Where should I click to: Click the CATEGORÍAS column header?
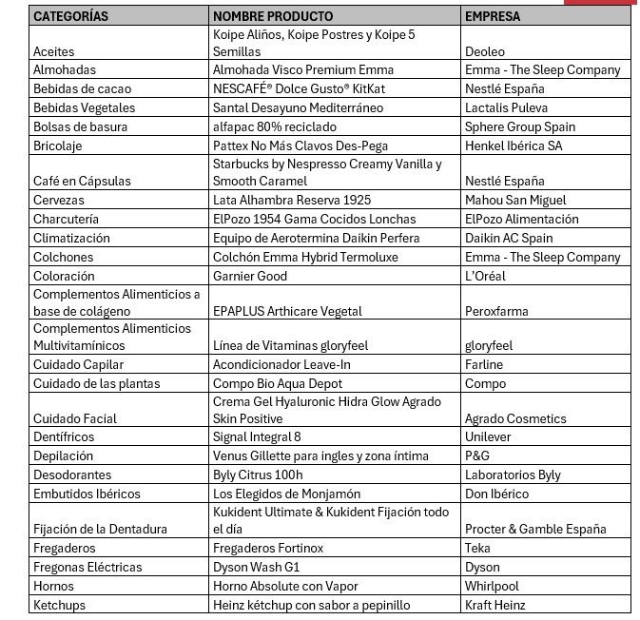click(71, 16)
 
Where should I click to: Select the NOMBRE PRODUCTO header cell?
click(273, 16)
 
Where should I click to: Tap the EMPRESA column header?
click(493, 16)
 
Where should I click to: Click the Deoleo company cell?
click(485, 51)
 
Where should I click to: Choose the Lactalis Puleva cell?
click(506, 107)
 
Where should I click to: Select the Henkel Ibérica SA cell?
click(514, 145)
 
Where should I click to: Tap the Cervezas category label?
click(59, 200)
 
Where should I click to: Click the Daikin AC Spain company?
click(509, 238)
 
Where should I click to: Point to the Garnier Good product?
click(250, 276)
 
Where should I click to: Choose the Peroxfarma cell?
click(496, 311)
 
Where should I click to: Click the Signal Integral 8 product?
click(257, 436)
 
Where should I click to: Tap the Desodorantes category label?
click(72, 475)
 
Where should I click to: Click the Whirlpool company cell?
click(492, 586)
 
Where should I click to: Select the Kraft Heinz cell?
click(495, 605)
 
